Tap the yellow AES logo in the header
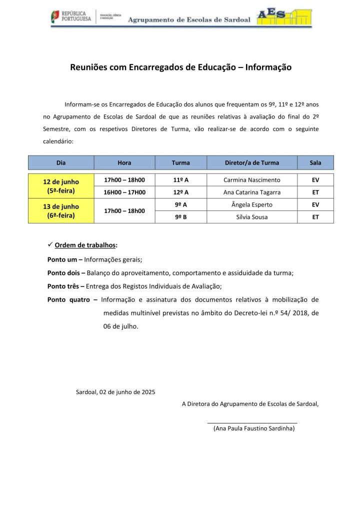point(283,17)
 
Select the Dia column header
point(61,162)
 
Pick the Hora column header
point(124,162)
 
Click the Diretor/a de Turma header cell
point(252,162)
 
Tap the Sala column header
point(315,162)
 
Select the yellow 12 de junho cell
point(61,186)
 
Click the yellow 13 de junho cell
point(61,211)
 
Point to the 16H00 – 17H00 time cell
point(124,192)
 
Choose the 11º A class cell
point(180,180)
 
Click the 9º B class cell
point(180,217)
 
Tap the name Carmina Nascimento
point(252,180)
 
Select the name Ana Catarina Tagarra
point(252,192)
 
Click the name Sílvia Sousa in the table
point(252,217)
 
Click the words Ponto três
point(63,286)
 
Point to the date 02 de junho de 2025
point(127,391)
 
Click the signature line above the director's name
point(252,423)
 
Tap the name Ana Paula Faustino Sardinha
point(254,428)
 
